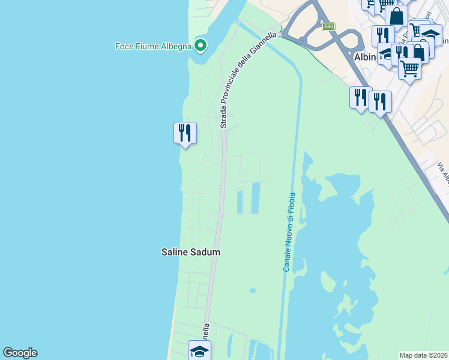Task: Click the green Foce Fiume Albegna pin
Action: (x=200, y=46)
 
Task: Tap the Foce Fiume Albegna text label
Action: (x=153, y=46)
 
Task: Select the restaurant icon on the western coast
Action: (x=185, y=133)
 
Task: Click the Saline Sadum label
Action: (x=191, y=253)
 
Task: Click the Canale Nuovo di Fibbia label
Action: (x=289, y=232)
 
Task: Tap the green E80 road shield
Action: (x=328, y=26)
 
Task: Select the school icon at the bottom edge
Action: (x=199, y=351)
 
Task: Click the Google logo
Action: (x=20, y=353)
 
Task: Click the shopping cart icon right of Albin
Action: (x=409, y=68)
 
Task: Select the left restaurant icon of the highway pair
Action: (x=361, y=97)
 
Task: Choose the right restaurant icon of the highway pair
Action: (x=380, y=101)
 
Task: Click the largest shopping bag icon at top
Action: (x=396, y=16)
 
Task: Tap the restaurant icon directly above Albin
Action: (x=382, y=36)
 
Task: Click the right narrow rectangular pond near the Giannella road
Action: (x=255, y=198)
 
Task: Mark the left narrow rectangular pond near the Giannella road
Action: (x=240, y=202)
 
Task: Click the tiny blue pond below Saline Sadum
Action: (x=253, y=291)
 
